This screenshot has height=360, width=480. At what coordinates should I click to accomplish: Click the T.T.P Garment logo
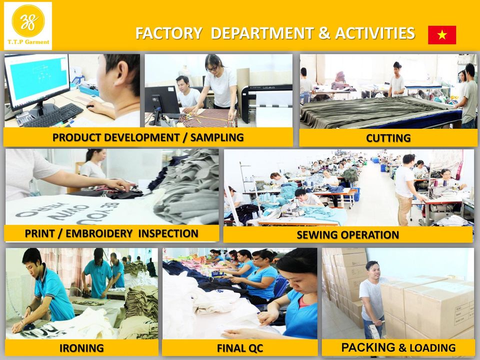[28, 25]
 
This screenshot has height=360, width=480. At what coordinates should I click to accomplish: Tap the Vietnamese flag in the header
[442, 35]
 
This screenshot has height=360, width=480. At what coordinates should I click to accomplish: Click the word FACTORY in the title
[168, 33]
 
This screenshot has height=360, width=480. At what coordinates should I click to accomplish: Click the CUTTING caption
[388, 138]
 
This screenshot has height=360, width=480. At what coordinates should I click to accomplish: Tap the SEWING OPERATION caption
[347, 235]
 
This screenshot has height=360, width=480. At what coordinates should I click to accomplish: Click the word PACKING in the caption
[368, 347]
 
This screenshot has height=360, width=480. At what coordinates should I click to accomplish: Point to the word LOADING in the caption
[432, 347]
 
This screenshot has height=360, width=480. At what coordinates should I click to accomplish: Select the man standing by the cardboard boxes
[373, 297]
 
